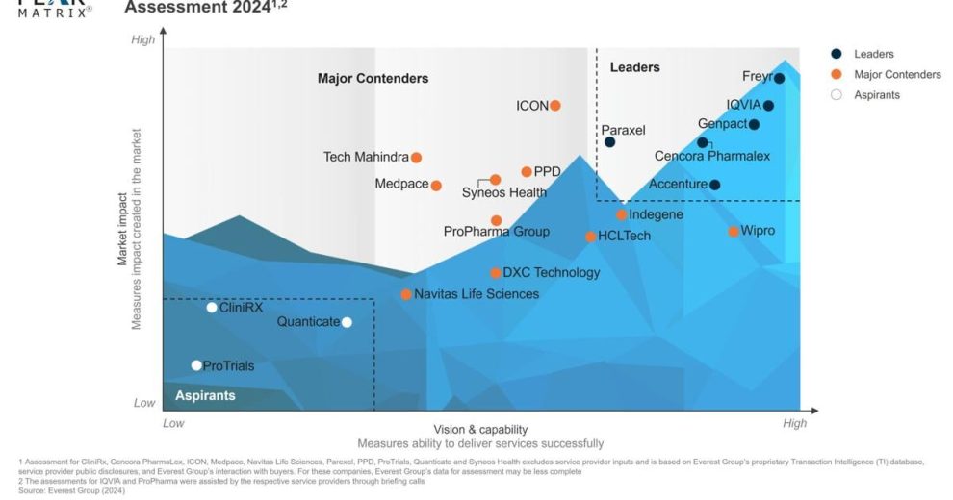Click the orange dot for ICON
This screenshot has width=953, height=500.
[555, 106]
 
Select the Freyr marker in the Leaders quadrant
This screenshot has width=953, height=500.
[779, 79]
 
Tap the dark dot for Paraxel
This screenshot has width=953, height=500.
[609, 142]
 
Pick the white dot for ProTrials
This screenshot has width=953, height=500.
[196, 365]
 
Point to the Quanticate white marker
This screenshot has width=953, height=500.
[347, 322]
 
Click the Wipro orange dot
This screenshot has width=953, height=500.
[734, 231]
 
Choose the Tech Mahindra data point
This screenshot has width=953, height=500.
[417, 158]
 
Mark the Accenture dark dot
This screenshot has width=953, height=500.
[714, 185]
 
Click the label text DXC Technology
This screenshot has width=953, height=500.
[551, 272]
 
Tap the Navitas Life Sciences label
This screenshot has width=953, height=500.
[476, 293]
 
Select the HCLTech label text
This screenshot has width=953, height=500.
[624, 236]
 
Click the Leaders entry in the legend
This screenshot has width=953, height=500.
[873, 55]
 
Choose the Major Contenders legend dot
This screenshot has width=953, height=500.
[837, 75]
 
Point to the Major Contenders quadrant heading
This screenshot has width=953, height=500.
[373, 79]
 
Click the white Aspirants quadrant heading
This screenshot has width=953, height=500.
[205, 395]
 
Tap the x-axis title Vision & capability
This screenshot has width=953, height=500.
[480, 429]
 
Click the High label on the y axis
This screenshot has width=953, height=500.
[142, 39]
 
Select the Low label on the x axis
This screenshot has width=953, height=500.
[173, 423]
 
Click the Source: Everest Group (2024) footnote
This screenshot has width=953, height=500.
[71, 490]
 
